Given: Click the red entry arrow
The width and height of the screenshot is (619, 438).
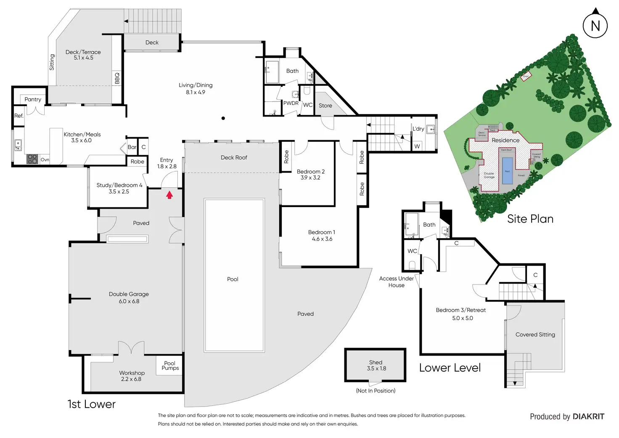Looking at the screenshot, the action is pyautogui.click(x=169, y=195).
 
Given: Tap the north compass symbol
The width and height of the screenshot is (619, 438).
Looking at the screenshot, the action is pyautogui.click(x=595, y=25).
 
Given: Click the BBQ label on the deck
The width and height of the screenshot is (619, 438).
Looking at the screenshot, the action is pyautogui.click(x=117, y=78).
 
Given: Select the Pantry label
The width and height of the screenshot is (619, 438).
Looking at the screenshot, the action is pyautogui.click(x=33, y=99).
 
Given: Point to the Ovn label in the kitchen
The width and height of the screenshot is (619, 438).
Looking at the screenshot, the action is pyautogui.click(x=45, y=160).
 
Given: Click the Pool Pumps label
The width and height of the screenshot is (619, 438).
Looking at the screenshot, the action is pyautogui.click(x=170, y=366).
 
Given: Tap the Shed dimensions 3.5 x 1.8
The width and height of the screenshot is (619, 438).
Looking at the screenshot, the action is pyautogui.click(x=376, y=369).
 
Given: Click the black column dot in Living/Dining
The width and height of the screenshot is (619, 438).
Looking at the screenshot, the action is pyautogui.click(x=223, y=118).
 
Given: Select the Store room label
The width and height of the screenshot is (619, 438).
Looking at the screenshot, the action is pyautogui.click(x=325, y=106).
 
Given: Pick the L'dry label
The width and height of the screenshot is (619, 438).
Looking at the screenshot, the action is pyautogui.click(x=418, y=129).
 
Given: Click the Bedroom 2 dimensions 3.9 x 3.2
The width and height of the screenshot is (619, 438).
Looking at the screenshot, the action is pyautogui.click(x=310, y=178).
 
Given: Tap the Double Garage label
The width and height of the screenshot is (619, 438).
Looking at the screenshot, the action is pyautogui.click(x=129, y=294).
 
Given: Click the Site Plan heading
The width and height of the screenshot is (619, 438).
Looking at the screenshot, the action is pyautogui.click(x=530, y=219).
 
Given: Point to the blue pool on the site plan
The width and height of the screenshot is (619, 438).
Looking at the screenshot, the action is pyautogui.click(x=508, y=170).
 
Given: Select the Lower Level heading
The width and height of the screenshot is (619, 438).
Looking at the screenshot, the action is pyautogui.click(x=450, y=368).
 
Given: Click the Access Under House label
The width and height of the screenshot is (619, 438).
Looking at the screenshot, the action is pyautogui.click(x=396, y=282).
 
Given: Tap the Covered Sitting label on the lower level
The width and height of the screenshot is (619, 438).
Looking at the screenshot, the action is pyautogui.click(x=535, y=334).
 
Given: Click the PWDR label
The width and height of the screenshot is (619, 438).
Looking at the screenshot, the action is pyautogui.click(x=291, y=103).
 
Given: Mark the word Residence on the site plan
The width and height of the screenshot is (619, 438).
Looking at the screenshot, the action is pyautogui.click(x=505, y=140).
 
